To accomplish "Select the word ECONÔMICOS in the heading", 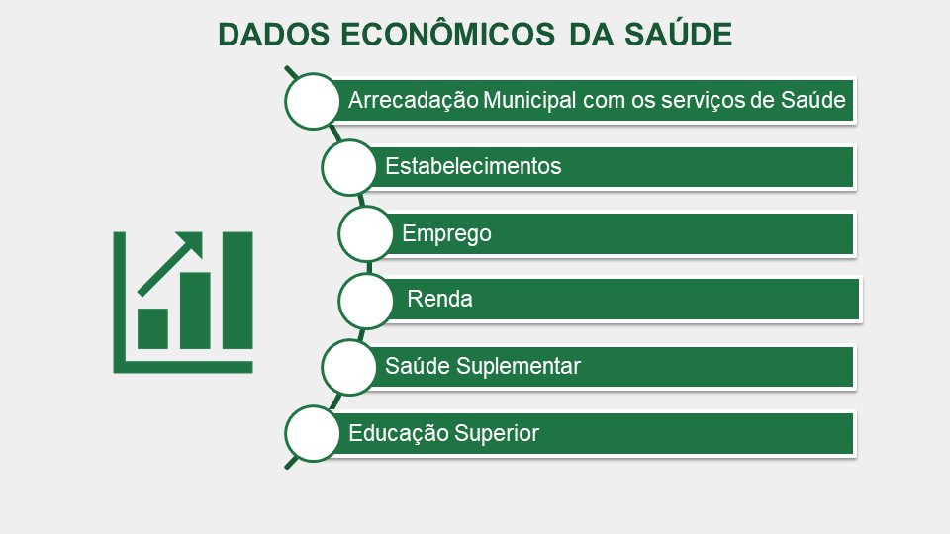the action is click(x=447, y=34).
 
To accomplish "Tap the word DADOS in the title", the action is click(x=274, y=34).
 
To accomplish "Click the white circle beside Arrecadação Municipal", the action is click(x=312, y=101).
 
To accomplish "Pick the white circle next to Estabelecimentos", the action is click(x=349, y=168).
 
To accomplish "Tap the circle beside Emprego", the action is click(x=366, y=234).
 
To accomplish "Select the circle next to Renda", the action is click(x=366, y=301).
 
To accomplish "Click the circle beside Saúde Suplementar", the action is click(x=349, y=368).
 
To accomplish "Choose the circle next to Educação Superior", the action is click(x=312, y=434).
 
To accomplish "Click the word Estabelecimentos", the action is click(x=473, y=166).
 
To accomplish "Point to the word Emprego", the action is click(x=446, y=233).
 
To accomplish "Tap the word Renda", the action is click(x=439, y=299).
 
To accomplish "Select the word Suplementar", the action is click(x=518, y=366).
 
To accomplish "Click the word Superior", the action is click(x=496, y=433).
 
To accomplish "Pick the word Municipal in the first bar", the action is click(x=529, y=100).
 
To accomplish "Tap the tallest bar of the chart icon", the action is click(x=237, y=291).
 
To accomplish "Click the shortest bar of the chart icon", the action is click(x=152, y=328).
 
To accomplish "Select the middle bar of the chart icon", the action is click(x=195, y=311).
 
